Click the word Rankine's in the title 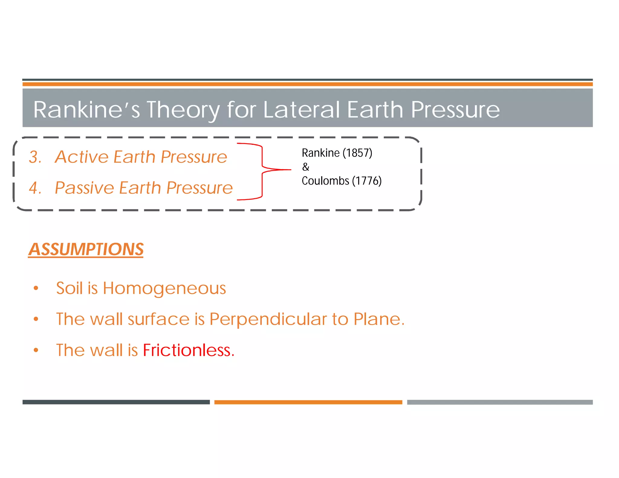coord(86,109)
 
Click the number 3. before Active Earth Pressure coord(35,157)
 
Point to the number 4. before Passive coord(35,188)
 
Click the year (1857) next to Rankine coord(357,153)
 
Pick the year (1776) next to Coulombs coord(367,181)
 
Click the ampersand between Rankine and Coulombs coord(306,167)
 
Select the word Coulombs coord(325,181)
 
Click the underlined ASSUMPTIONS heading coord(86,250)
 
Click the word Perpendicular coord(268,319)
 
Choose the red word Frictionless coord(188,350)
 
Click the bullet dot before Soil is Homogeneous coord(36,288)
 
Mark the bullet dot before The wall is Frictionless coord(36,350)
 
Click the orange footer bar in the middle coord(308,402)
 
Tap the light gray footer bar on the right coord(500,402)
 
